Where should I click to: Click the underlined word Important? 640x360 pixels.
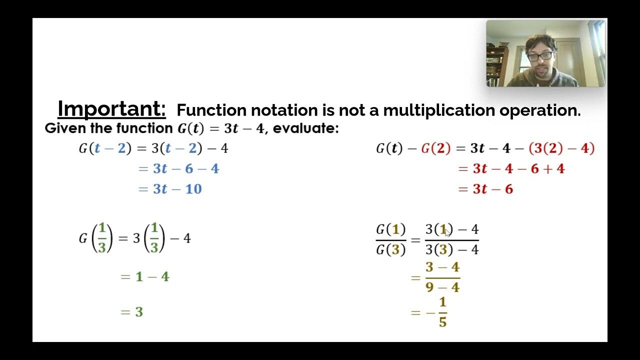(x=111, y=108)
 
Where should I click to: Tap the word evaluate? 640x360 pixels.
(x=305, y=128)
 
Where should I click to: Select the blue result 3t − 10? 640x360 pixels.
(x=177, y=189)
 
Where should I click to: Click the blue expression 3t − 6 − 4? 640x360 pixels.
(x=185, y=168)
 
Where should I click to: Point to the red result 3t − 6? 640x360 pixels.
(x=492, y=189)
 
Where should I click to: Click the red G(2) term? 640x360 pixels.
(x=435, y=148)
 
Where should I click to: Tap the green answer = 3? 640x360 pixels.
(x=132, y=312)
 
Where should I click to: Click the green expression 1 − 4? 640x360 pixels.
(x=152, y=276)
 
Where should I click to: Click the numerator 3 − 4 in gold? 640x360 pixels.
(x=442, y=267)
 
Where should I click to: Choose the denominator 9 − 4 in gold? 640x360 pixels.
(x=442, y=287)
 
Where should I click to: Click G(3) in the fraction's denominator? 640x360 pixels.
(x=390, y=249)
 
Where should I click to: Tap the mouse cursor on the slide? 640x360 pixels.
(x=447, y=232)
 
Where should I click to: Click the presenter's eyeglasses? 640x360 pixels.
(x=540, y=56)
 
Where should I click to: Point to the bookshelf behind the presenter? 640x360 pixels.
(x=496, y=65)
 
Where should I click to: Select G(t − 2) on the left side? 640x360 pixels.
(x=103, y=148)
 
